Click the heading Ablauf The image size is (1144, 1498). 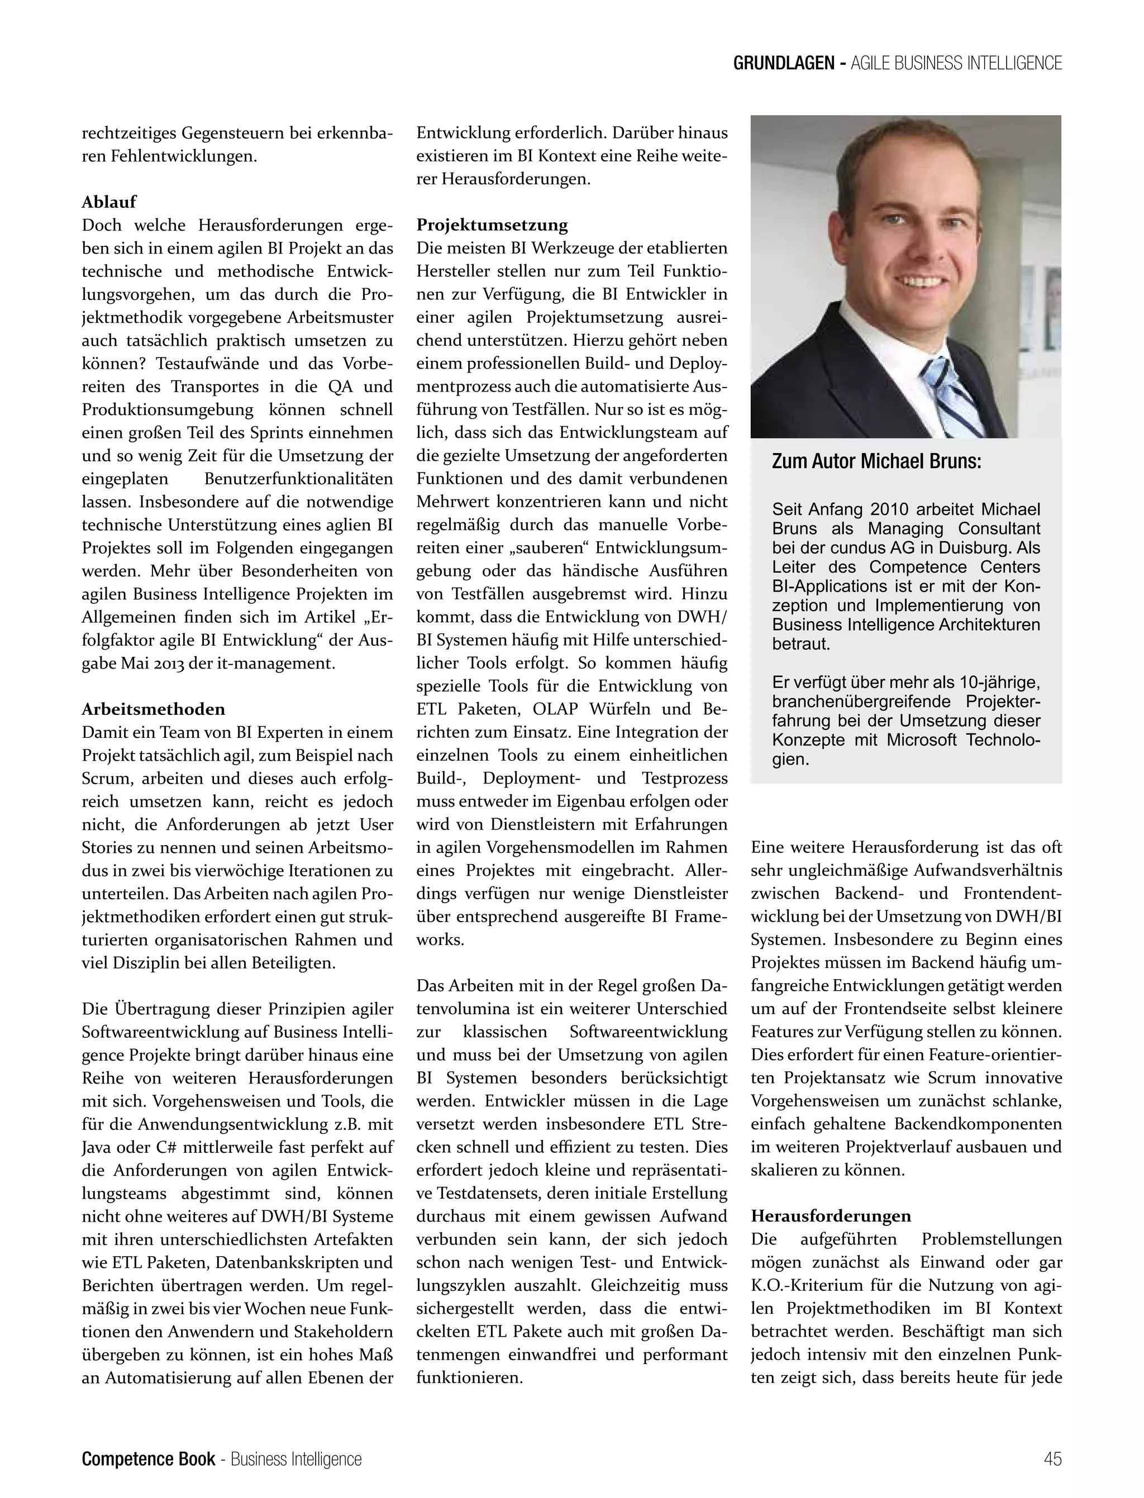click(109, 202)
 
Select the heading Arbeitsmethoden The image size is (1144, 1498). click(153, 709)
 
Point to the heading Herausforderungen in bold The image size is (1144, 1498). click(831, 1215)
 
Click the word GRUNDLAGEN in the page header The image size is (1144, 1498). click(783, 63)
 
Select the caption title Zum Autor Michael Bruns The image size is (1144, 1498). click(876, 462)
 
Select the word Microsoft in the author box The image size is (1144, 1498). click(921, 740)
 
